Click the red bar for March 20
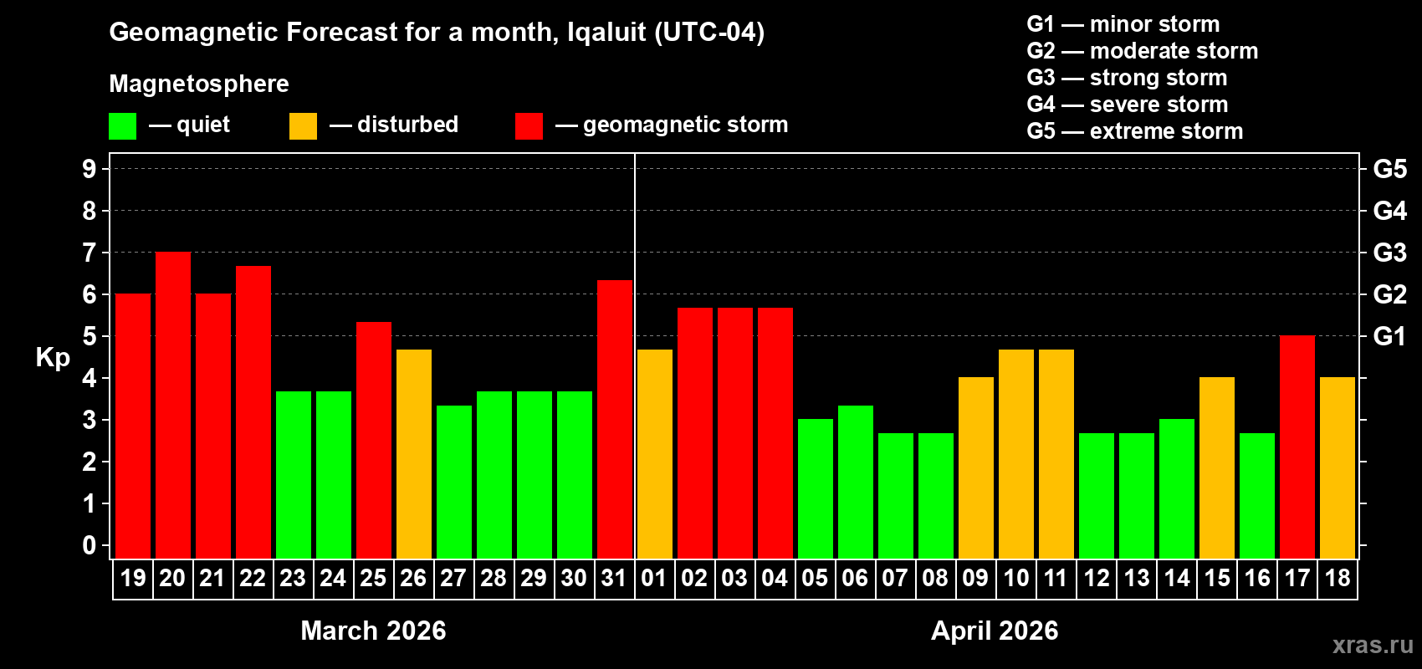(x=173, y=406)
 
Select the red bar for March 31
(x=615, y=419)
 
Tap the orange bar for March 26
(x=414, y=454)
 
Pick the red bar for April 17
(x=1297, y=447)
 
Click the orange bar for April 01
(x=655, y=454)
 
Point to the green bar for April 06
(x=856, y=482)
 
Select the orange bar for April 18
(x=1338, y=468)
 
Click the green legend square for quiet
(x=123, y=126)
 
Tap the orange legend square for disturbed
(x=303, y=126)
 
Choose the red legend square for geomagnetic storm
(x=529, y=126)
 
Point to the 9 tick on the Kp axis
(x=90, y=169)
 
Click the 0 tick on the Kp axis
(x=90, y=546)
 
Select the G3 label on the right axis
(x=1389, y=253)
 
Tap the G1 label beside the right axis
(x=1389, y=336)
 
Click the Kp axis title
(x=53, y=358)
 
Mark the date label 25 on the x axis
(x=373, y=579)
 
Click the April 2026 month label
(x=995, y=631)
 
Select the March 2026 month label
(x=373, y=631)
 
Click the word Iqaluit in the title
(x=606, y=33)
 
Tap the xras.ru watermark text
(x=1373, y=645)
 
